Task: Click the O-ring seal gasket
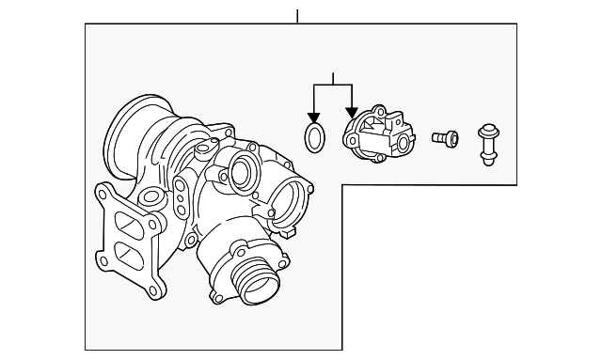[316, 136]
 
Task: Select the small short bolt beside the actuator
[444, 137]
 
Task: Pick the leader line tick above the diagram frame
[296, 16]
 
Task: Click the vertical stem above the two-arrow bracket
[333, 78]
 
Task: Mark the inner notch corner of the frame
[341, 184]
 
